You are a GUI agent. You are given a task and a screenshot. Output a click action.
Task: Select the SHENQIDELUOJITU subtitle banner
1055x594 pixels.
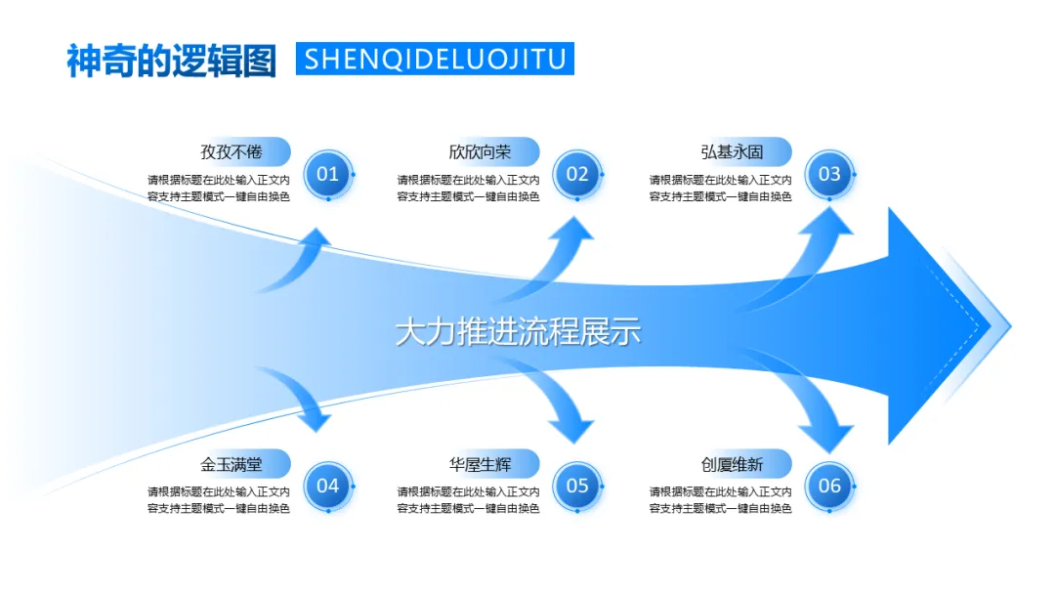435,59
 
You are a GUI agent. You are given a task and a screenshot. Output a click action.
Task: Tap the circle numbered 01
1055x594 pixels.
327,175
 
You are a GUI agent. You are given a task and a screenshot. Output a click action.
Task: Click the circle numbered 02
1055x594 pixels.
577,175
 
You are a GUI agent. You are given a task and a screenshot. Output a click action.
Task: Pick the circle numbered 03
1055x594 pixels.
829,175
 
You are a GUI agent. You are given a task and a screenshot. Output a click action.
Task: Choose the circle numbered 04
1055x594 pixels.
327,486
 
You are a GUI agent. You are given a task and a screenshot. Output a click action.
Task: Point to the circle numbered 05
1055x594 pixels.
577,486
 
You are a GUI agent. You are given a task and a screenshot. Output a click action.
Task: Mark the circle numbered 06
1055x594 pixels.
829,486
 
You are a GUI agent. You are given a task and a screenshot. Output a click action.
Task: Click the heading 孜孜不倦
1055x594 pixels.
232,151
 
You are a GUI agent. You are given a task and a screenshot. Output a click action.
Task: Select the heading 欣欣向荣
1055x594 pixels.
480,151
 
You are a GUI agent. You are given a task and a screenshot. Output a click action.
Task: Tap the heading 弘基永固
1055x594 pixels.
732,151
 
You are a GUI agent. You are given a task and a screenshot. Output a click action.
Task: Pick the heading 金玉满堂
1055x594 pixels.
232,463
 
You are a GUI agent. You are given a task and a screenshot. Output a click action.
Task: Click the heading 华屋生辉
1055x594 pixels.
480,463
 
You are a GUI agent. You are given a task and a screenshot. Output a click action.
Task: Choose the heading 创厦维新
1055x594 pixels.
732,463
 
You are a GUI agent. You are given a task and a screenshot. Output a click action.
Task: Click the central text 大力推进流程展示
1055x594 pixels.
518,331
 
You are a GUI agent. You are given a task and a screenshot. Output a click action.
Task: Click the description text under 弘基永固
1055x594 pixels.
720,188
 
